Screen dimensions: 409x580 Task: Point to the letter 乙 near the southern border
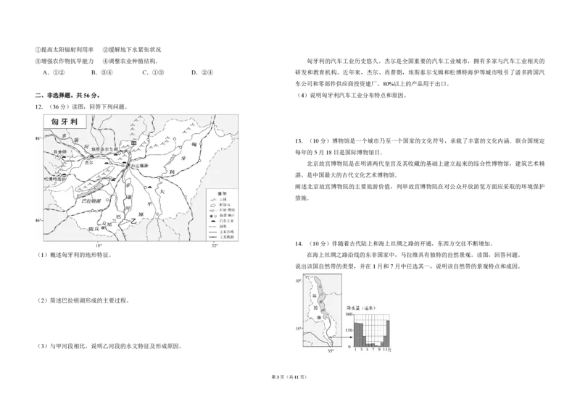tap(133, 224)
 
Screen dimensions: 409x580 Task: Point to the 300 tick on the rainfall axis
tap(349, 314)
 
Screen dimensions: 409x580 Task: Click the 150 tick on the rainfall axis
tap(349, 329)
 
